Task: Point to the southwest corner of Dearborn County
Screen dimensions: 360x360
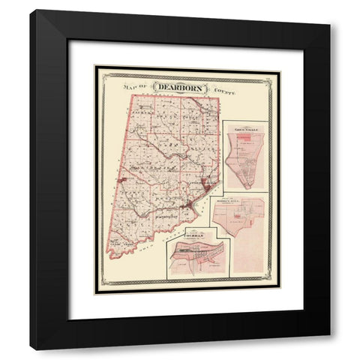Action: pyautogui.click(x=110, y=256)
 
